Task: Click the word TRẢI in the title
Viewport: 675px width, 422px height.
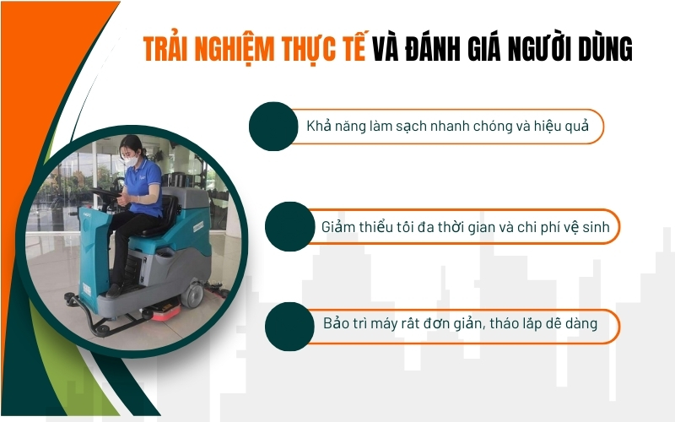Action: [x=165, y=50]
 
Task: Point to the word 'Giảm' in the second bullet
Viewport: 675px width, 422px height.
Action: [x=339, y=227]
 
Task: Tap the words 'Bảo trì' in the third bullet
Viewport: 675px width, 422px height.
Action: [x=346, y=325]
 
